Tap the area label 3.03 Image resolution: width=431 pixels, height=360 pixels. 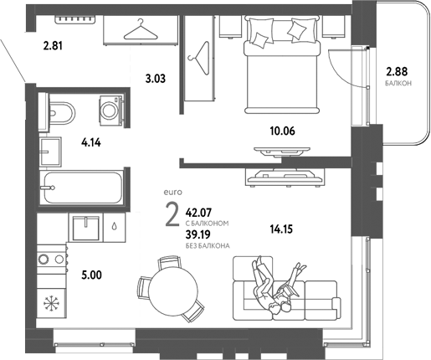[155, 80]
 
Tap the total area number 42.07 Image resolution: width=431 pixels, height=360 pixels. [198, 213]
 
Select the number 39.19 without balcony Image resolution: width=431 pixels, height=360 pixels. [198, 235]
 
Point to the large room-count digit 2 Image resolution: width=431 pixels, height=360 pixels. [172, 216]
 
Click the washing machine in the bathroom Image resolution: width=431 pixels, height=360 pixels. [110, 110]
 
